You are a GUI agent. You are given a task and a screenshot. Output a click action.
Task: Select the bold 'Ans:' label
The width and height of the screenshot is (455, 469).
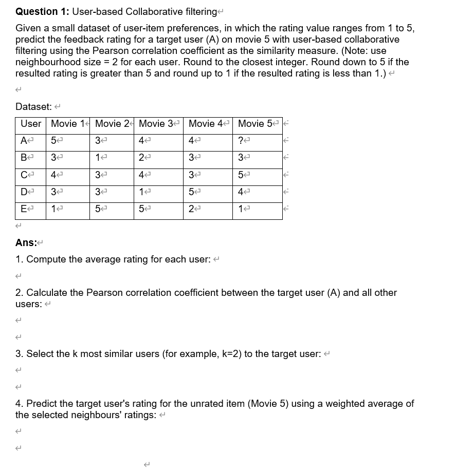click(x=26, y=243)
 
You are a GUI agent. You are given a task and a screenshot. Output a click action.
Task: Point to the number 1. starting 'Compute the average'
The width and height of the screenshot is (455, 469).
click(x=20, y=259)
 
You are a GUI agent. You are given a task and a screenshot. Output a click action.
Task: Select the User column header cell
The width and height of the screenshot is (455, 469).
click(x=30, y=124)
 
